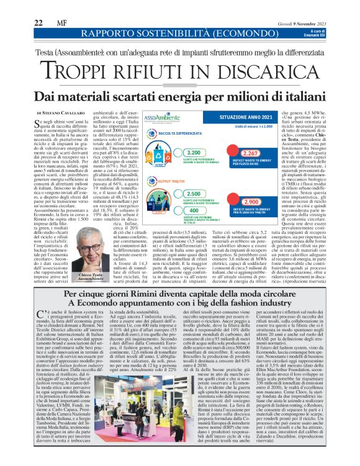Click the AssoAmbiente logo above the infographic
pyautogui.click(x=167, y=117)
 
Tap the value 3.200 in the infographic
pyautogui.click(x=194, y=153)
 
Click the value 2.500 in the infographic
pyautogui.click(x=194, y=194)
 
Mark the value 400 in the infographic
pyautogui.click(x=194, y=211)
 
